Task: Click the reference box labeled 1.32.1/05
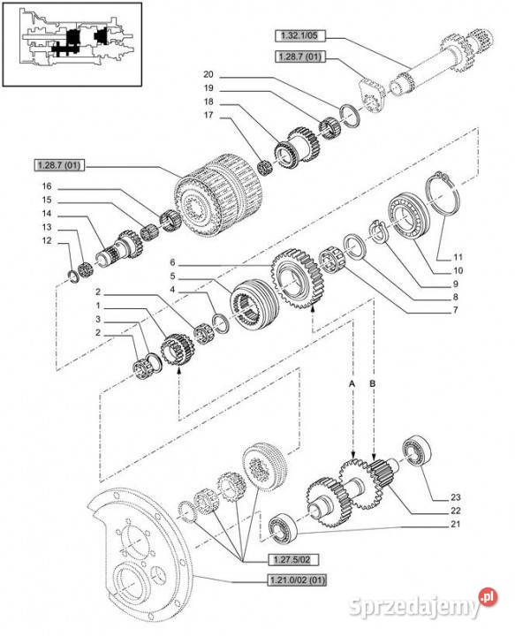[x=299, y=35]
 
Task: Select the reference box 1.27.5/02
[x=292, y=559]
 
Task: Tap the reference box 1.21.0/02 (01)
[x=297, y=580]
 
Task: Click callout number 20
[x=208, y=74]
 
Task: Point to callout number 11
[x=458, y=257]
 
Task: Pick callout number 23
[x=456, y=496]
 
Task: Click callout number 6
[x=172, y=263]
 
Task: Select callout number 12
[x=47, y=240]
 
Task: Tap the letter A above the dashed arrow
[x=352, y=382]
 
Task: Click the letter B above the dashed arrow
[x=372, y=382]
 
